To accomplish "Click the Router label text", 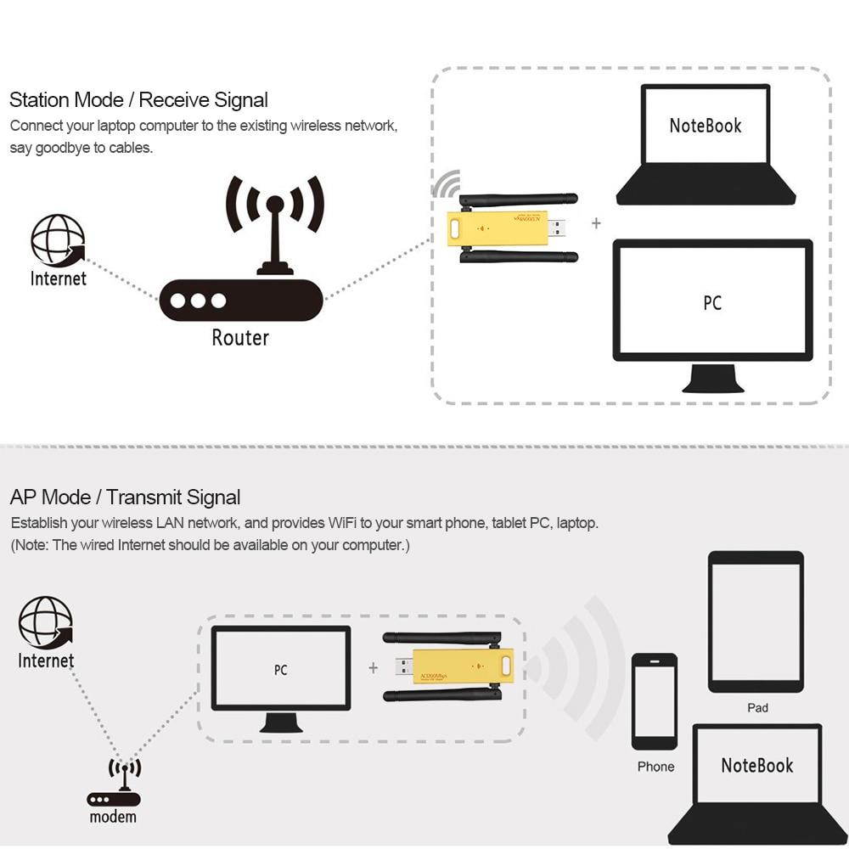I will coord(240,338).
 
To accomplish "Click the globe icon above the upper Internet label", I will coord(58,240).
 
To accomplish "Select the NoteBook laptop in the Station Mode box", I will coord(706,144).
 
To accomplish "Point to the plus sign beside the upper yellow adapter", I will coord(596,223).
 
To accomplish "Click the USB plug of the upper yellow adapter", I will coord(558,228).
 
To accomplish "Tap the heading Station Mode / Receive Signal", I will coord(138,100).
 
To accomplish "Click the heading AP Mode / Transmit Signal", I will coord(125,498).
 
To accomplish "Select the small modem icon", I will coord(114,784).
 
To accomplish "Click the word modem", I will coord(113,817).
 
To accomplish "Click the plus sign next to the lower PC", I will coord(373,668).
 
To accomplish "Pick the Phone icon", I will coord(655,701).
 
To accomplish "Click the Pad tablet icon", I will coord(756,621).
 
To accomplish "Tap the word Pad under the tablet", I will coord(757,707).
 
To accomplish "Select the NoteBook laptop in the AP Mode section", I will coord(756,781).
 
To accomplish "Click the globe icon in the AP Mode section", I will coord(46,622).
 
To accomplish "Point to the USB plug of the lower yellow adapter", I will coord(404,666).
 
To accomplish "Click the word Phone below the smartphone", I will coord(655,767).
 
